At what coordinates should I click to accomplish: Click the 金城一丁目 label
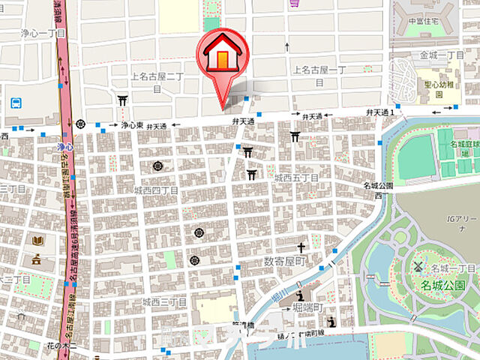(x=442, y=55)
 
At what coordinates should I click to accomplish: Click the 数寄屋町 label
(x=285, y=261)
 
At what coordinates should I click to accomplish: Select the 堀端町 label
(x=305, y=307)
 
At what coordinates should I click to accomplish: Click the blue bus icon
(x=16, y=103)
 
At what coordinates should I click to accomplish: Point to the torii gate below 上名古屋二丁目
(x=122, y=99)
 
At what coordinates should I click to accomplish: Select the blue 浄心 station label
(x=64, y=148)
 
